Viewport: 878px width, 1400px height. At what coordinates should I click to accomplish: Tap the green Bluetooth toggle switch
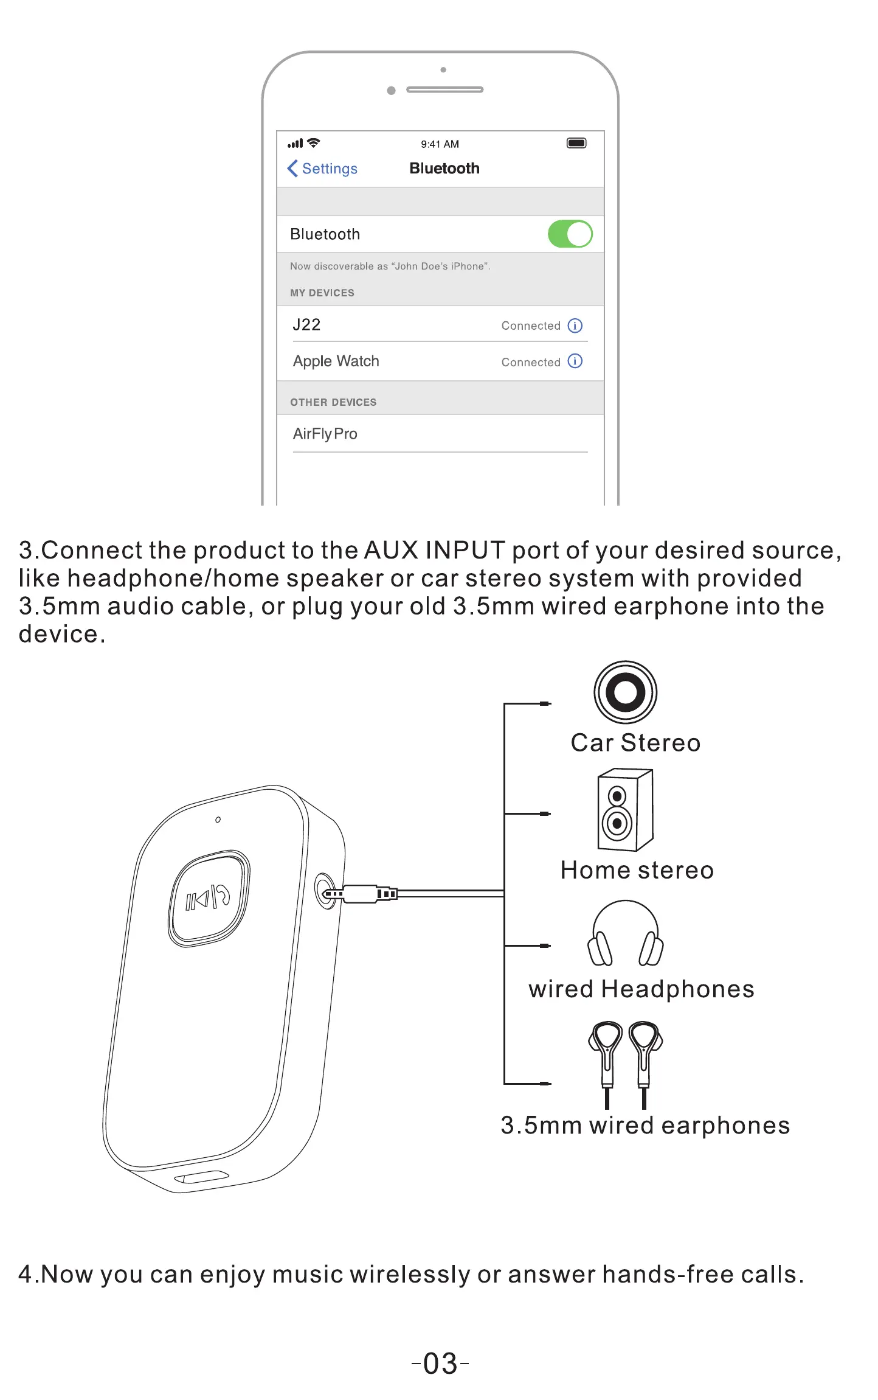[570, 234]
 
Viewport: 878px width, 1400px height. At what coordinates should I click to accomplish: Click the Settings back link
[323, 169]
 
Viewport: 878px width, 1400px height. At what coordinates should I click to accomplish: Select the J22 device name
[306, 325]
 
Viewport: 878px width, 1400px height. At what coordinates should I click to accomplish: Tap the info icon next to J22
[575, 326]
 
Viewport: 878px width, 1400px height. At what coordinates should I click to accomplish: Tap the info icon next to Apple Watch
[575, 361]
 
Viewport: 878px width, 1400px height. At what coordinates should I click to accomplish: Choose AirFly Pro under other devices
[325, 434]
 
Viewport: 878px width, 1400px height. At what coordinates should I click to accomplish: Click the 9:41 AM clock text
[440, 144]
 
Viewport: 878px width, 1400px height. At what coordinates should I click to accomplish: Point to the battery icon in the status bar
[576, 143]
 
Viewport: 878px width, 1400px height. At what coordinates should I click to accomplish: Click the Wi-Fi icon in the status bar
[314, 143]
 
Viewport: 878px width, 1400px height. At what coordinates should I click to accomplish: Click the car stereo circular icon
[625, 692]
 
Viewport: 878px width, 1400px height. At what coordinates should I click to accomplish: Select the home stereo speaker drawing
[625, 810]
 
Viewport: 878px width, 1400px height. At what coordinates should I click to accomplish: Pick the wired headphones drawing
[625, 934]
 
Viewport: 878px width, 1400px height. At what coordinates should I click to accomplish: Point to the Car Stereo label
[635, 743]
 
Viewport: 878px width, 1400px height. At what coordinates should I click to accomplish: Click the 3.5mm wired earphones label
[645, 1126]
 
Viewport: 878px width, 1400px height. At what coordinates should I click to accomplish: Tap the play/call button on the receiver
[209, 898]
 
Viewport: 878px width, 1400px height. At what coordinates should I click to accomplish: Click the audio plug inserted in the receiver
[359, 894]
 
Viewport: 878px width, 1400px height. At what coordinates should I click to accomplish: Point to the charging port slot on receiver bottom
[201, 1177]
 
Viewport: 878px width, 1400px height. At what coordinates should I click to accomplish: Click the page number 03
[440, 1363]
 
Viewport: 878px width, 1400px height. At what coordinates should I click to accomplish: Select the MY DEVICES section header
[322, 293]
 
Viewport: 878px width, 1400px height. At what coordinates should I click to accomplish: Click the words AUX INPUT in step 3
[435, 550]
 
